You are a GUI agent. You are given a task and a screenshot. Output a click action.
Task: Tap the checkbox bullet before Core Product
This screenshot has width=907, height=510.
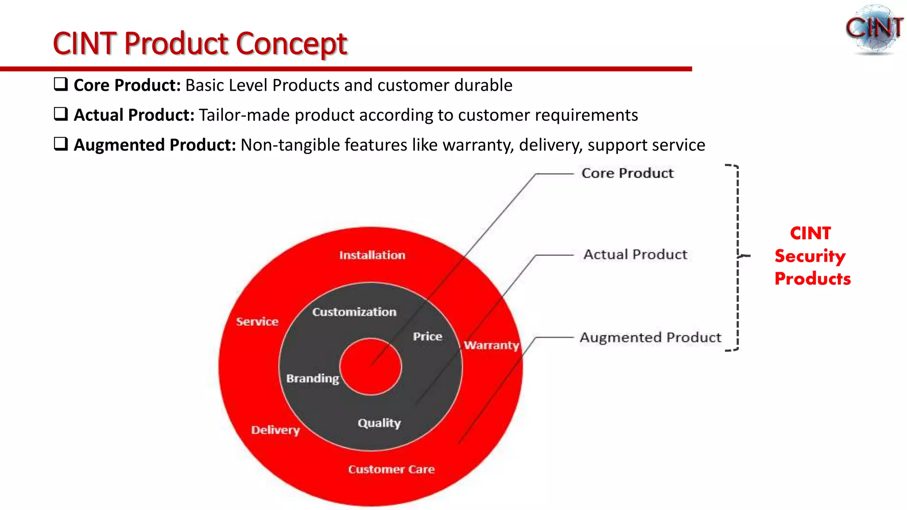pyautogui.click(x=61, y=84)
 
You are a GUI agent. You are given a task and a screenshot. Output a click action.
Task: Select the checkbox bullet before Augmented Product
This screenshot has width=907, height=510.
pyautogui.click(x=61, y=144)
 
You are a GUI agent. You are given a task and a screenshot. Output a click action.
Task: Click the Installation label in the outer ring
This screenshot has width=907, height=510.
pyautogui.click(x=372, y=255)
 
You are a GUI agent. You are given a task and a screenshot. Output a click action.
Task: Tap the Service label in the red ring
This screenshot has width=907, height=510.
pyautogui.click(x=257, y=322)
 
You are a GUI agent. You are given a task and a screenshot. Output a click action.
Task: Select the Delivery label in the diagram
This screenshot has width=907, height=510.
pyautogui.click(x=275, y=430)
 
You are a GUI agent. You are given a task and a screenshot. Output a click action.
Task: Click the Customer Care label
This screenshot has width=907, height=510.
pyautogui.click(x=391, y=469)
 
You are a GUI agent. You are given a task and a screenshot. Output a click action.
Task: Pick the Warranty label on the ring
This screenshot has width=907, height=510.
pyautogui.click(x=491, y=345)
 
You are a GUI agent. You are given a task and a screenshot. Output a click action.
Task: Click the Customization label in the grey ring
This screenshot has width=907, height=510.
pyautogui.click(x=354, y=312)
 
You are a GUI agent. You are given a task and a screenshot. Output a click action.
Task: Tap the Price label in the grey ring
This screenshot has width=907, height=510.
pyautogui.click(x=427, y=336)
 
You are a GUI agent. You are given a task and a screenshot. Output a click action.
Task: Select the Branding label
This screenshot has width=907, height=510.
pyautogui.click(x=313, y=379)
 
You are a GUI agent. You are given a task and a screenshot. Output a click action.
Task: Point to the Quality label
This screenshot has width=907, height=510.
pyautogui.click(x=379, y=423)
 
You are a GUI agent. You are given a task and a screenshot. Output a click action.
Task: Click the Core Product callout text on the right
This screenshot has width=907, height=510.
pyautogui.click(x=627, y=173)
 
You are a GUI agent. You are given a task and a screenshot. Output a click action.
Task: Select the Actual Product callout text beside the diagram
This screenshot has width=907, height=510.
pyautogui.click(x=635, y=255)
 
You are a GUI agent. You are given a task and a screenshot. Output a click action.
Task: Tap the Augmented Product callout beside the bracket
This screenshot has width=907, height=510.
pyautogui.click(x=650, y=338)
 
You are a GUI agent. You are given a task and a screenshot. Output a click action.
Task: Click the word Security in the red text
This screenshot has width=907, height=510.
pyautogui.click(x=810, y=256)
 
